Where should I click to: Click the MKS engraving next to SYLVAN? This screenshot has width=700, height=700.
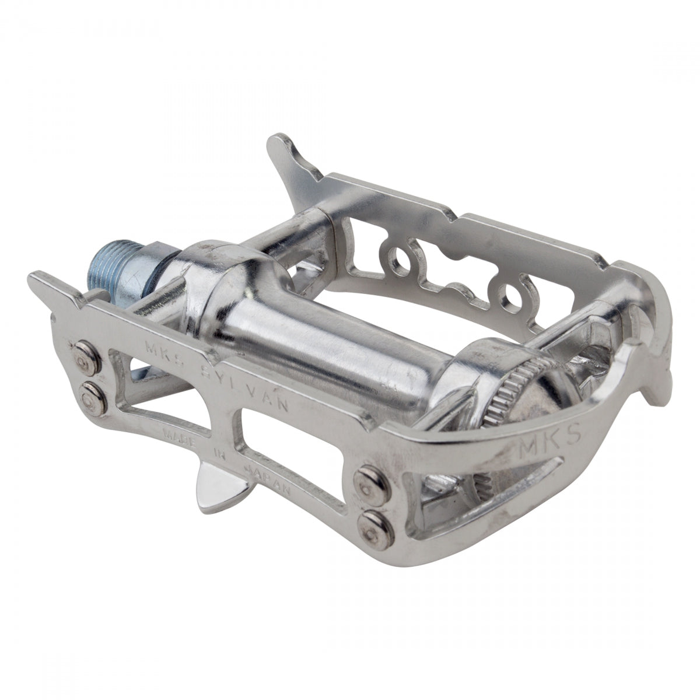pos(157,354)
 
